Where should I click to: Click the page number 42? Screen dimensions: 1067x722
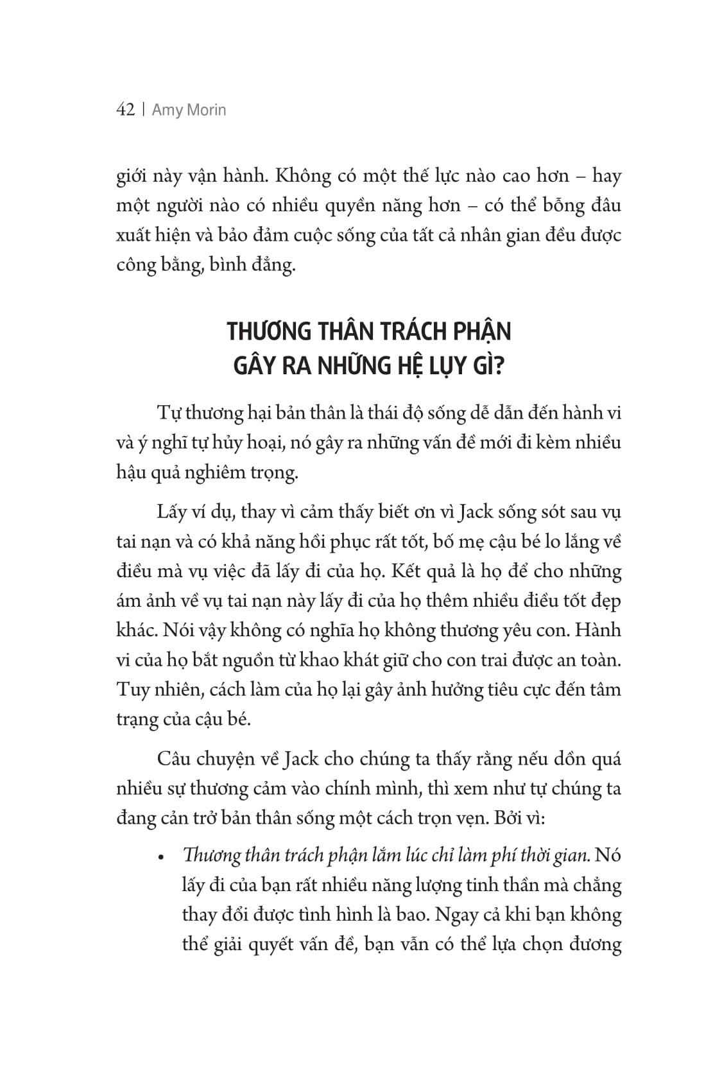[125, 110]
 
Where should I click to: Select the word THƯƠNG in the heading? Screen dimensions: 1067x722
[268, 332]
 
